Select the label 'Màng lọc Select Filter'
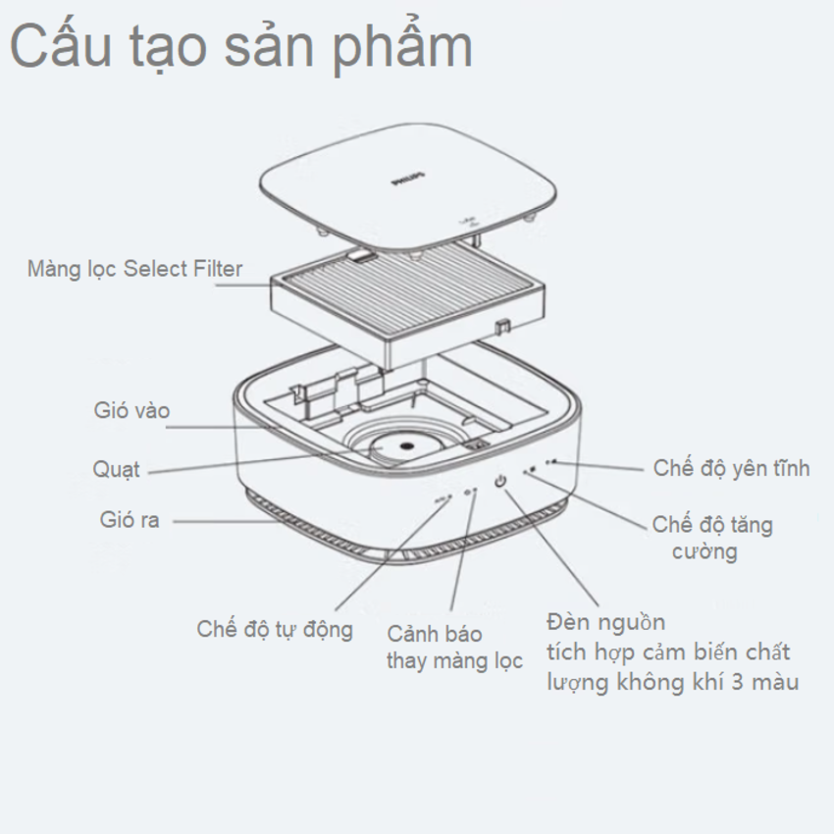[x=134, y=268]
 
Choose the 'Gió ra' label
[x=128, y=519]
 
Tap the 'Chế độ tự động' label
[x=274, y=628]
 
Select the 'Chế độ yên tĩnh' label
[x=731, y=467]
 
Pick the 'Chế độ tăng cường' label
[x=712, y=537]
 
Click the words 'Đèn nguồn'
[x=606, y=622]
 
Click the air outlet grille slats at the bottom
[x=324, y=535]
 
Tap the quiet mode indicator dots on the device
[x=551, y=461]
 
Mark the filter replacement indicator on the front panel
[x=472, y=490]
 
